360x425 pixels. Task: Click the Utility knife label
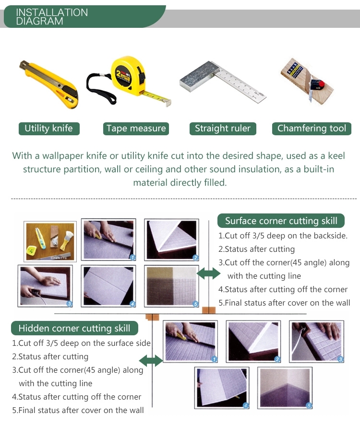click(x=49, y=129)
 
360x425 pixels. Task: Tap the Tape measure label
click(x=136, y=129)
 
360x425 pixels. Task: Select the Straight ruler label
click(x=223, y=129)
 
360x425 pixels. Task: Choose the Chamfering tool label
click(x=312, y=129)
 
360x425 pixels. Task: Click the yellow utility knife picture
click(x=49, y=84)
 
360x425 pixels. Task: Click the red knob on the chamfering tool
click(x=321, y=84)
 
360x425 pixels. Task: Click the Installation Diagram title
click(x=51, y=16)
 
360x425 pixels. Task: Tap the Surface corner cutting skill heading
click(x=281, y=221)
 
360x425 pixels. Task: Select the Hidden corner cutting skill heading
click(x=74, y=328)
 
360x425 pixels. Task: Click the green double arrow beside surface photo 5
click(x=208, y=273)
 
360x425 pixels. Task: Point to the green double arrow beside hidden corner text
click(x=151, y=361)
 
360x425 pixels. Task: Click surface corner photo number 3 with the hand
click(x=45, y=286)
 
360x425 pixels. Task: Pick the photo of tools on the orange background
click(x=50, y=241)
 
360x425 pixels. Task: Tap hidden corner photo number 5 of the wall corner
click(x=285, y=388)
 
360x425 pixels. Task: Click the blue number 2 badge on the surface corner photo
click(x=195, y=258)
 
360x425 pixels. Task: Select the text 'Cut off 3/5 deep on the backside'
click(x=286, y=236)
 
